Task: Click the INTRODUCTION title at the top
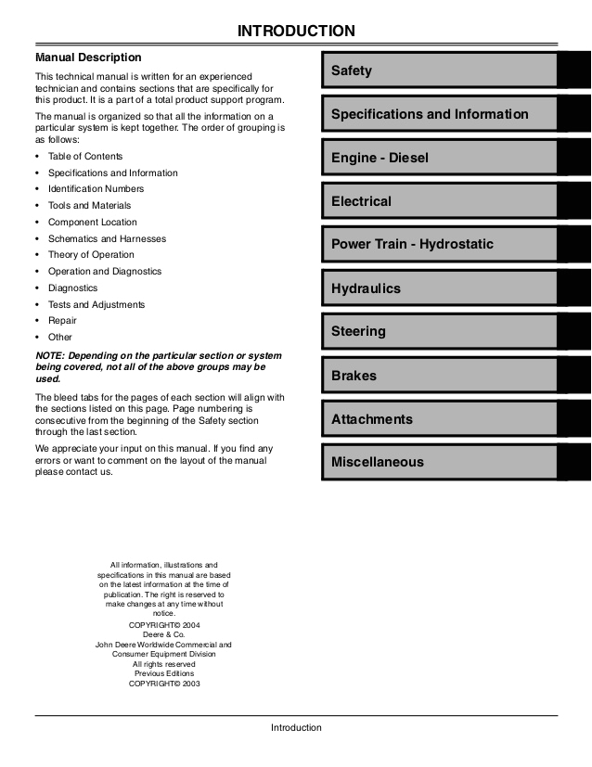coord(296,32)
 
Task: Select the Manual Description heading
coord(88,58)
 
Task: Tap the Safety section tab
coord(439,70)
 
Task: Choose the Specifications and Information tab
coord(439,114)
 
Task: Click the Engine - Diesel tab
coord(439,158)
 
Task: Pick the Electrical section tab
coord(439,201)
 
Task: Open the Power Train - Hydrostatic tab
coord(439,245)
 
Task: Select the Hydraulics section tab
coord(439,288)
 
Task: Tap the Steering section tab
coord(439,331)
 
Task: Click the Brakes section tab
coord(439,376)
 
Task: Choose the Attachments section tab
coord(439,419)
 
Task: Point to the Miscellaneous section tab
coord(439,462)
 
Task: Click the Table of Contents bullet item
coord(85,157)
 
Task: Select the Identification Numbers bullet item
coord(96,189)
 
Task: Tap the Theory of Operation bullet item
coord(91,255)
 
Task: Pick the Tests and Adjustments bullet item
coord(97,304)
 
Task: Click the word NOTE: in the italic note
coord(50,356)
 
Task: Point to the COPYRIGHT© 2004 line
coord(164,625)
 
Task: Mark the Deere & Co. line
coord(164,634)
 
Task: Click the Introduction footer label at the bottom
coord(296,728)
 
